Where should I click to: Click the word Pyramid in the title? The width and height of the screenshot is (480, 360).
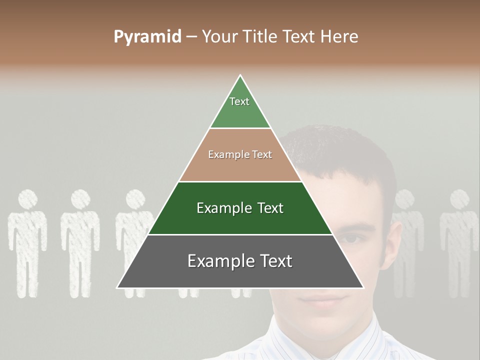(147, 37)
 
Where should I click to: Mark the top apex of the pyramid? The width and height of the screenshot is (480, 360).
(240, 75)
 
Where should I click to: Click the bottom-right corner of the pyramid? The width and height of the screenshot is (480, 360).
(363, 287)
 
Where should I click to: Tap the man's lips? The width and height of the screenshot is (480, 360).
(320, 298)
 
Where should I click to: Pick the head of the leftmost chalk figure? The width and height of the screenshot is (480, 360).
(28, 199)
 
